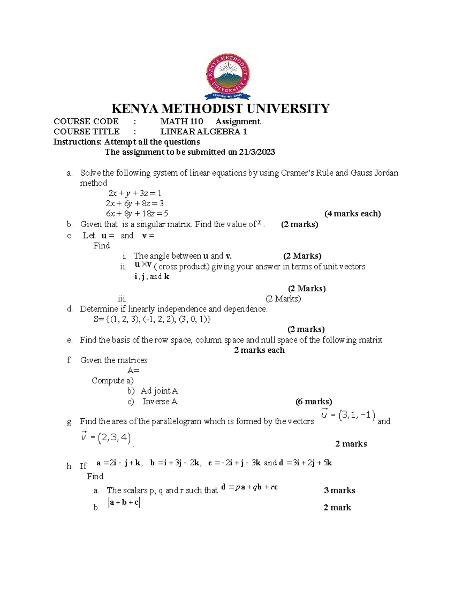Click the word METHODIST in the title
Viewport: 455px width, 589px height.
(203, 109)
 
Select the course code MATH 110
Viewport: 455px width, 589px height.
(182, 121)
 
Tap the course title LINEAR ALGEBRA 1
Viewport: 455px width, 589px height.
(204, 132)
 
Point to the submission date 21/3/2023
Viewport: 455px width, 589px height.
(257, 152)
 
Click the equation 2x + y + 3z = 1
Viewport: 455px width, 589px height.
(135, 193)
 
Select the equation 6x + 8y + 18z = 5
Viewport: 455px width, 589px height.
(137, 214)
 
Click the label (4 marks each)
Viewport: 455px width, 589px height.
(352, 214)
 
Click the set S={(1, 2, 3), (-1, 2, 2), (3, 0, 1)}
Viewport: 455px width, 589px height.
(152, 319)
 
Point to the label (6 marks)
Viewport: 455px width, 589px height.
(314, 402)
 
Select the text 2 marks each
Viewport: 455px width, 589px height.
(259, 350)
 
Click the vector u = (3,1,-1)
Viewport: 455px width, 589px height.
(348, 415)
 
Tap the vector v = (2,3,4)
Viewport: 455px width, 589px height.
(106, 438)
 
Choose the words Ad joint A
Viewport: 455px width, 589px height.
(159, 391)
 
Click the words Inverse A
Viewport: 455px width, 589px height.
(160, 402)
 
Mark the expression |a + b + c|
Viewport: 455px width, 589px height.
(124, 503)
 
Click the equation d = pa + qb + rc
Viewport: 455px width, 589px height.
(249, 487)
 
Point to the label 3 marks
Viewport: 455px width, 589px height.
(339, 490)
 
